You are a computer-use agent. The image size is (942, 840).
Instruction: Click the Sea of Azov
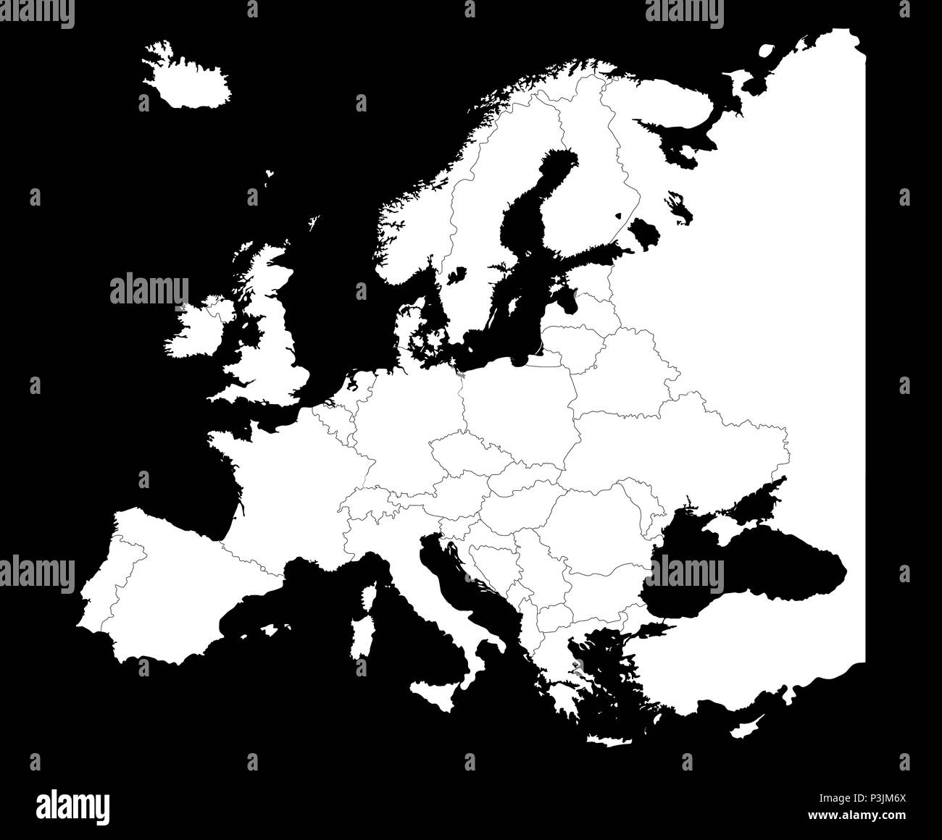(x=754, y=500)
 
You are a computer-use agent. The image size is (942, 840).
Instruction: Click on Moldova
(x=638, y=500)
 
